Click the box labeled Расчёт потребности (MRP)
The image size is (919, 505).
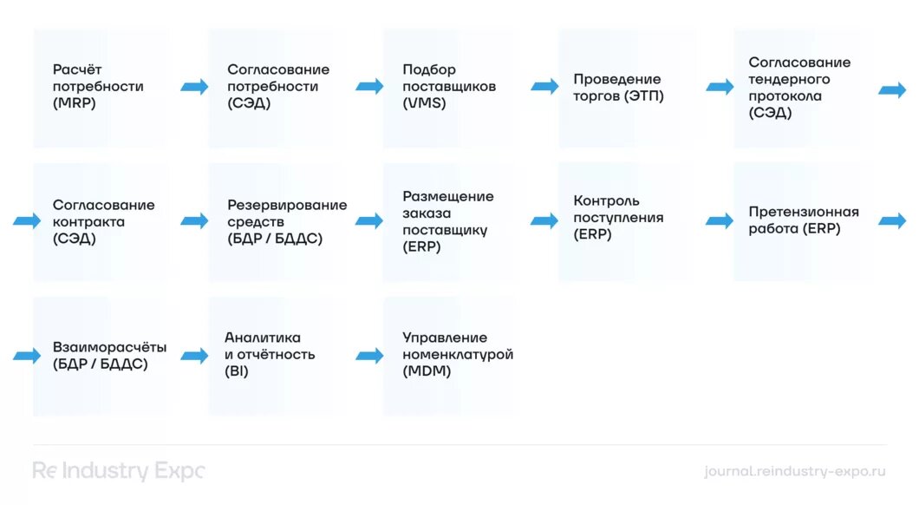(x=102, y=88)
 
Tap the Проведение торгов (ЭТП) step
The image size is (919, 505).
(x=627, y=88)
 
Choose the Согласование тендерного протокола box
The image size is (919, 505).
(x=803, y=88)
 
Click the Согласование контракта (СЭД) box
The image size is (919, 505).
(x=102, y=222)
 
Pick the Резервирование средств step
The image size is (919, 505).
(x=277, y=222)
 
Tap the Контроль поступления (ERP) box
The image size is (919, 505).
(x=627, y=222)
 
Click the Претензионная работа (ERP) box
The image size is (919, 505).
(x=803, y=222)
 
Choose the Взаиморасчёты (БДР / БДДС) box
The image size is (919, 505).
(x=102, y=356)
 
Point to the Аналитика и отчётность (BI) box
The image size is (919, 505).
(x=277, y=356)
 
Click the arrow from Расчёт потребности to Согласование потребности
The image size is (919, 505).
(x=194, y=87)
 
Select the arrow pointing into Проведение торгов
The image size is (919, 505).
(x=545, y=87)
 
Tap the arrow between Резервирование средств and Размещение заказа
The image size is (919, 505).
(x=369, y=221)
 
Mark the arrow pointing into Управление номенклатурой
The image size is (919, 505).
(x=369, y=356)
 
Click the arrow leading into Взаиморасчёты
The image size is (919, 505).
(x=27, y=356)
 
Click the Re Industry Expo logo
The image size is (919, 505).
(x=119, y=471)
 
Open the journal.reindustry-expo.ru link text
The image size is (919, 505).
(x=795, y=471)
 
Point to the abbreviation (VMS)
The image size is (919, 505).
(x=424, y=103)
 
